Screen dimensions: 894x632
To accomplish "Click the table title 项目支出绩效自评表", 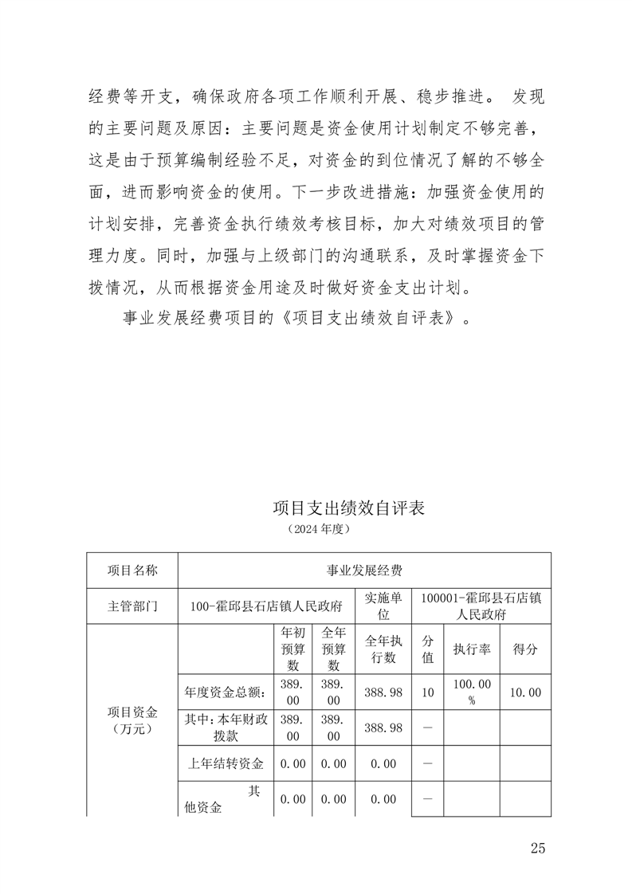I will (x=348, y=508).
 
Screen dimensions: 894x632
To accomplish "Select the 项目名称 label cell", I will (x=132, y=571).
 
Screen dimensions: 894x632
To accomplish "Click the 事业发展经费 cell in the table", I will (x=364, y=571).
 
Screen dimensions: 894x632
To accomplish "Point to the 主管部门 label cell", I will (x=132, y=606).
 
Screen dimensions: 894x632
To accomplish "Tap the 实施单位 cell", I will (x=383, y=606).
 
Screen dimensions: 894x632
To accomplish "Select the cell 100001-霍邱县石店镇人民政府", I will (x=481, y=606).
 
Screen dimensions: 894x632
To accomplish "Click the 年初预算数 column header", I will (x=292, y=649).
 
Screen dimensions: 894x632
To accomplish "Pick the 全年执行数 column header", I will (x=383, y=649).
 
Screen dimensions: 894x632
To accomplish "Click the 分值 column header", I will (x=428, y=649).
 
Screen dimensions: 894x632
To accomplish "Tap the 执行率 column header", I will (x=472, y=649).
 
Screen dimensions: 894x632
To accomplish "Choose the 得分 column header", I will (x=525, y=649).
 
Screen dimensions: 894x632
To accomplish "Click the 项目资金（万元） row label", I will (x=132, y=720).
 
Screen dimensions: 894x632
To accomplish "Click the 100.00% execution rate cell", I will (x=472, y=692).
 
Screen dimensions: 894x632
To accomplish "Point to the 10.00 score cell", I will (x=525, y=692).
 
